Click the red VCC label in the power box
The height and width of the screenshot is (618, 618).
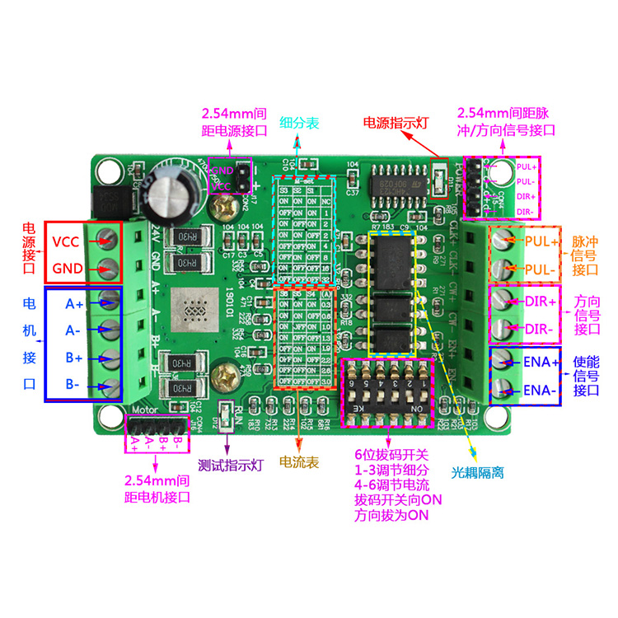(66, 242)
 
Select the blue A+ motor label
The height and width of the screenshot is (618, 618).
(74, 303)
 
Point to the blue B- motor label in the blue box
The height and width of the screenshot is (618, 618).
(74, 384)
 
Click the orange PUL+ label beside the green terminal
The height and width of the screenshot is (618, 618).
(541, 242)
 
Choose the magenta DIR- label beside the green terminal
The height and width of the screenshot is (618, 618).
(540, 330)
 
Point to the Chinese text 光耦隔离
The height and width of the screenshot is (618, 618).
(477, 473)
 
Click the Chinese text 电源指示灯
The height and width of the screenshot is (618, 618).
(396, 123)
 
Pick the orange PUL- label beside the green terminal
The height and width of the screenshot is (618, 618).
(540, 269)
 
